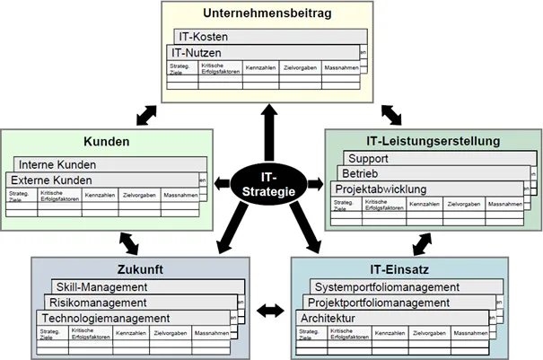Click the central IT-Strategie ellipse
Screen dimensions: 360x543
coord(270,185)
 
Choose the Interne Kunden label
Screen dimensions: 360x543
coord(58,165)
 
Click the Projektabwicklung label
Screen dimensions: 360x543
coord(381,189)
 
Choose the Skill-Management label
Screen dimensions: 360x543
coord(101,286)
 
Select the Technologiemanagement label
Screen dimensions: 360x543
coord(105,318)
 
